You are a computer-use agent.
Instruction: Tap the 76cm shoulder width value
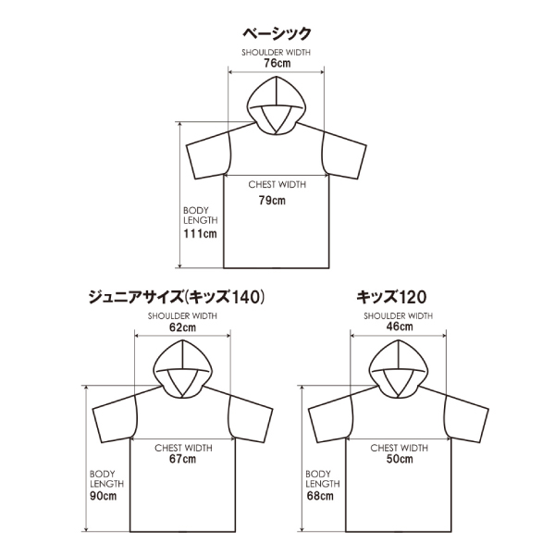tap(276, 64)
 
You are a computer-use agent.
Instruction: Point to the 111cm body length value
tap(200, 234)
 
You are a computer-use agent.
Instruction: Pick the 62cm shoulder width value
tap(182, 327)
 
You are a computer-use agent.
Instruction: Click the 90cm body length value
tap(104, 496)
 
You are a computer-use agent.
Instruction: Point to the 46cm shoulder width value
tap(399, 327)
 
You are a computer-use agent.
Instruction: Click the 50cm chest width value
tap(398, 459)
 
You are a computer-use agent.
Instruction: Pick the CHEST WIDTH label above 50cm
tap(398, 447)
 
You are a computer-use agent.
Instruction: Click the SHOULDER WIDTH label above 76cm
tap(276, 53)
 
